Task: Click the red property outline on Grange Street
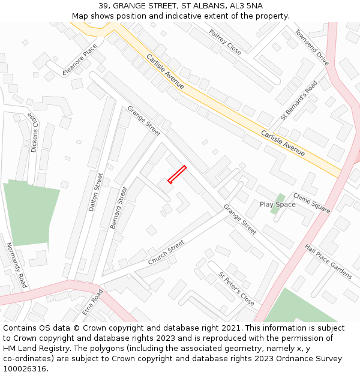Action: pos(177,174)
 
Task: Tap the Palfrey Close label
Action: pos(225,42)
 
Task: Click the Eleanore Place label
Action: pos(79,60)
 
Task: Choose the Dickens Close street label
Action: pos(34,133)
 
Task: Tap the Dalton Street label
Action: pos(96,192)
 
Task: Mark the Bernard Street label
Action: pos(119,208)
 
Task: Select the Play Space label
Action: pos(277,205)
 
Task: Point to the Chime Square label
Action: pos(311,202)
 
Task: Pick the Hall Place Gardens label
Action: pos(328,261)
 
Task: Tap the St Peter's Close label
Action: pos(236,289)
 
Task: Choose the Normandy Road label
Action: pos(17,265)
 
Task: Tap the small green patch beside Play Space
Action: pos(277,200)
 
